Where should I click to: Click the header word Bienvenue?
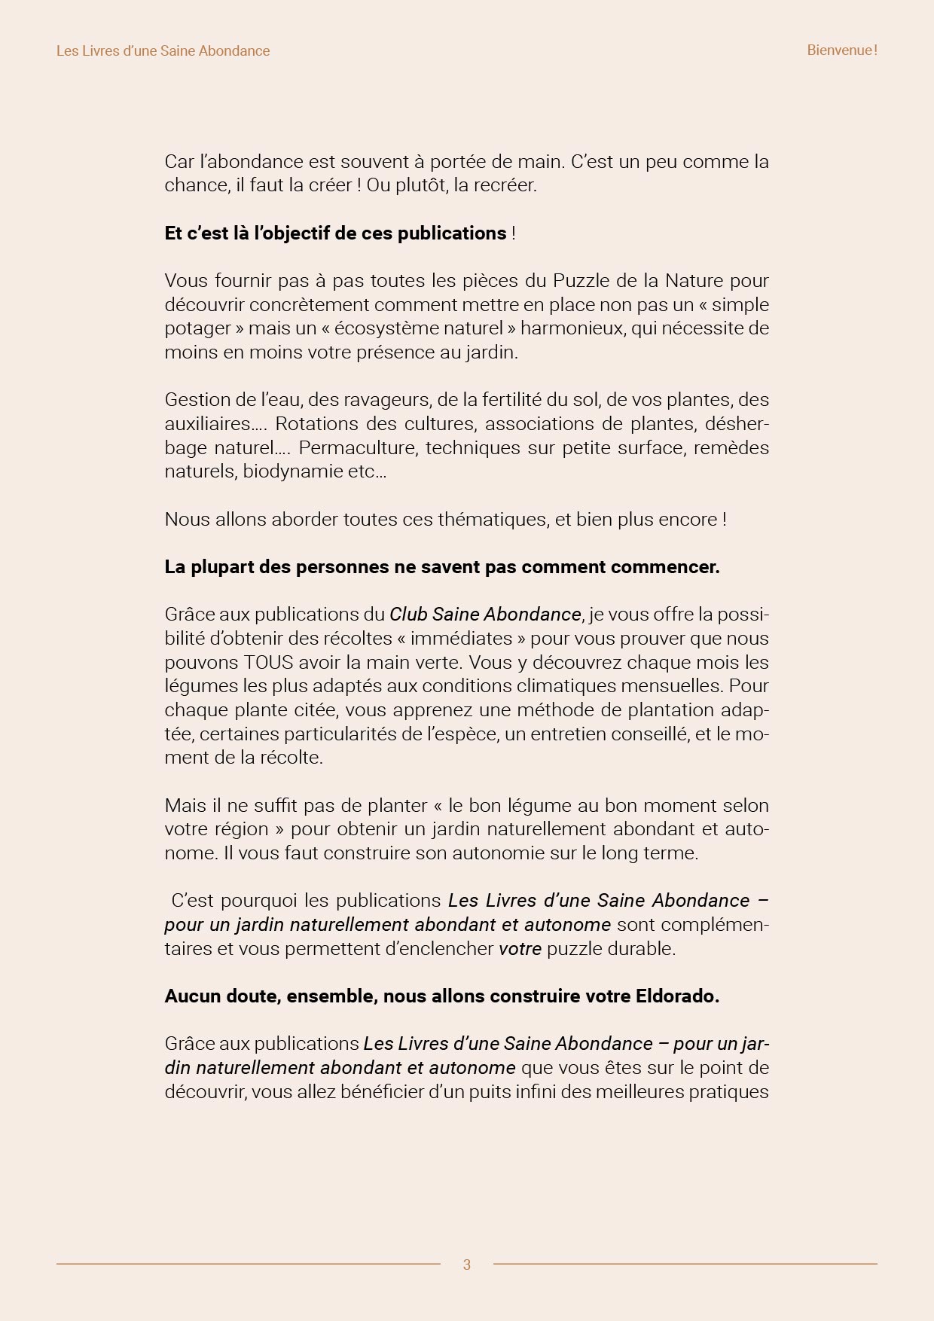pos(841,50)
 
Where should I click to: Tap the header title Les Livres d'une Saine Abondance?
pos(163,50)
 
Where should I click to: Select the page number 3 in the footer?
pos(467,1265)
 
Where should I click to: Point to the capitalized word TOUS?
pos(269,662)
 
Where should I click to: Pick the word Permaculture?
pos(356,448)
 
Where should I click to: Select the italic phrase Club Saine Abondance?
pos(485,615)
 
